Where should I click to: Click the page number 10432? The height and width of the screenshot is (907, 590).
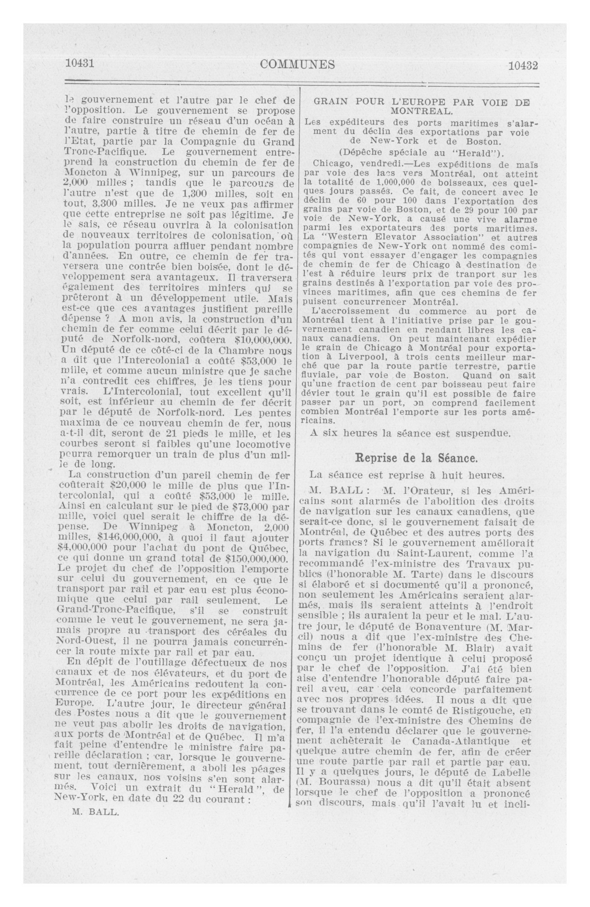coord(523,65)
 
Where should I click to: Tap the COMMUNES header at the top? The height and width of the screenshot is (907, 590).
coord(297,65)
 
